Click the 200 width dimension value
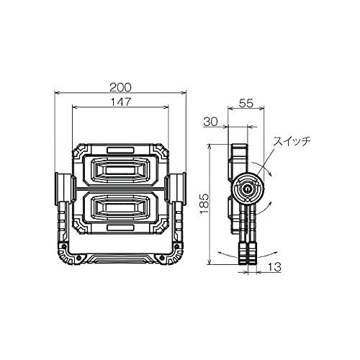click(120, 87)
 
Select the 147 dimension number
click(121, 102)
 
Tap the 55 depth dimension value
click(246, 103)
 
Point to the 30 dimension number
click(210, 122)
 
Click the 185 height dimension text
click(204, 203)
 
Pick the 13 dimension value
click(274, 266)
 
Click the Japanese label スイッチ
click(292, 141)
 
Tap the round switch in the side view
click(246, 189)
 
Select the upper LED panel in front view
click(120, 171)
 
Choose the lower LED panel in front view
click(120, 207)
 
